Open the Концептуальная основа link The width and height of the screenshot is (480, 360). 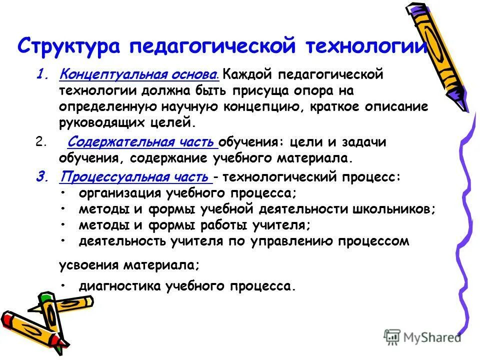[x=138, y=74]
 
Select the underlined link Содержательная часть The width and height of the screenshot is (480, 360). [x=141, y=142]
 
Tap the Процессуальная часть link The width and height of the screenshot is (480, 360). [x=134, y=177]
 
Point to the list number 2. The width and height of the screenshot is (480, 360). [x=40, y=142]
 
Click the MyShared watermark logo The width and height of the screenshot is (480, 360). [x=423, y=337]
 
